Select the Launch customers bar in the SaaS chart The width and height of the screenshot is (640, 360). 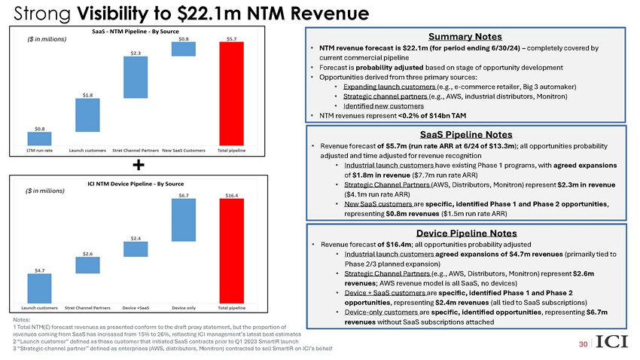[87, 115]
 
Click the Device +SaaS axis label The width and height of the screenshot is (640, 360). [136, 308]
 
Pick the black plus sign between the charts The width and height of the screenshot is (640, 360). [139, 165]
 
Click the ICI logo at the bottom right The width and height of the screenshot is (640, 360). [611, 343]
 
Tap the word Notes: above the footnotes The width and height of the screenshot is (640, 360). [23, 319]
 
